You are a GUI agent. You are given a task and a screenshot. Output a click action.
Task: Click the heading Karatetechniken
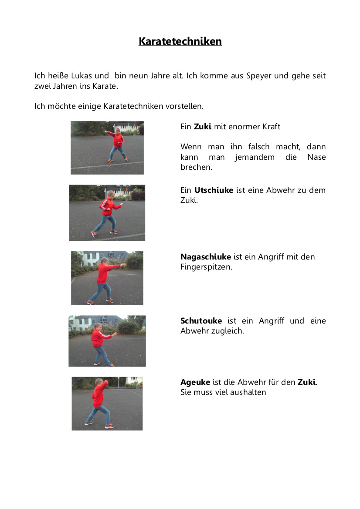click(180, 41)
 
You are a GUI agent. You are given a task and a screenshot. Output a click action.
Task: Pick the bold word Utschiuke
click(214, 190)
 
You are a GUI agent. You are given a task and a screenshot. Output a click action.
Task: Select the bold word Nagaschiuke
click(206, 257)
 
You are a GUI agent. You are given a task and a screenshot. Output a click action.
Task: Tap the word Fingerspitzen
click(206, 267)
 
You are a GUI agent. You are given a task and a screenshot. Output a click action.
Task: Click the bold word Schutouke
click(201, 321)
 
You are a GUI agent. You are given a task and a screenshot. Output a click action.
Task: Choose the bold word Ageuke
click(195, 382)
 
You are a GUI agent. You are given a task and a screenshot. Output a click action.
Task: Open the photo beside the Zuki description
click(107, 148)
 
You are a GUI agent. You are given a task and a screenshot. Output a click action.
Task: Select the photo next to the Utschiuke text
click(107, 212)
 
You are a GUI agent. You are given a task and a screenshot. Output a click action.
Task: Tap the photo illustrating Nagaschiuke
click(107, 278)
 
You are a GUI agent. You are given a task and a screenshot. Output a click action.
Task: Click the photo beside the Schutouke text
click(107, 341)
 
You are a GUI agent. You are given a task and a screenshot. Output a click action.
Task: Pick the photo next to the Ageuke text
click(107, 404)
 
